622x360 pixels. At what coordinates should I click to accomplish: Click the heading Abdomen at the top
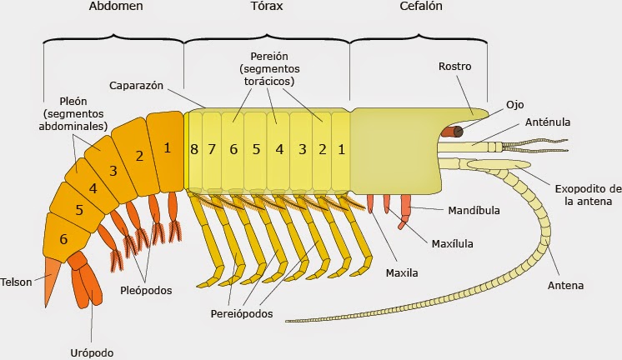pos(114,7)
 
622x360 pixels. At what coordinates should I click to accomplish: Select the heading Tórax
pos(266,7)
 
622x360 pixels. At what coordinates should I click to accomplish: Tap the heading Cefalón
pos(420,7)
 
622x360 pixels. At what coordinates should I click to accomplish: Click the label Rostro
pos(455,67)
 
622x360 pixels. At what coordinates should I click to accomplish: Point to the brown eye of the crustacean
pos(457,132)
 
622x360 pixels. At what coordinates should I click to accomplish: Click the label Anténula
pos(548,122)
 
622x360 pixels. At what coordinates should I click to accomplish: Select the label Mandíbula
pos(474,211)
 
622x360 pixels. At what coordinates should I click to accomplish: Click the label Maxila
pos(402,272)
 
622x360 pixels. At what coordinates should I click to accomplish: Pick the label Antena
pos(565,286)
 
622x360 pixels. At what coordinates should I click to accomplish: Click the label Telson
pos(17,282)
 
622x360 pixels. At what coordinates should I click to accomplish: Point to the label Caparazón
pos(136,86)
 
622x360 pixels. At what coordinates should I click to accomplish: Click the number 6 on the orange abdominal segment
pos(63,238)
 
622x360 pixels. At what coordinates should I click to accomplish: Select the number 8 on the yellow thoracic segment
pos(193,150)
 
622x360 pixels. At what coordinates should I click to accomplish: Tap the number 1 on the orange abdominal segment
pos(167,148)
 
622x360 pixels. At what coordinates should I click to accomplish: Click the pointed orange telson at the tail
pos(52,276)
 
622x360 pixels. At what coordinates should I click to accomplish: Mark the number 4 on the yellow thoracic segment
pos(279,150)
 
